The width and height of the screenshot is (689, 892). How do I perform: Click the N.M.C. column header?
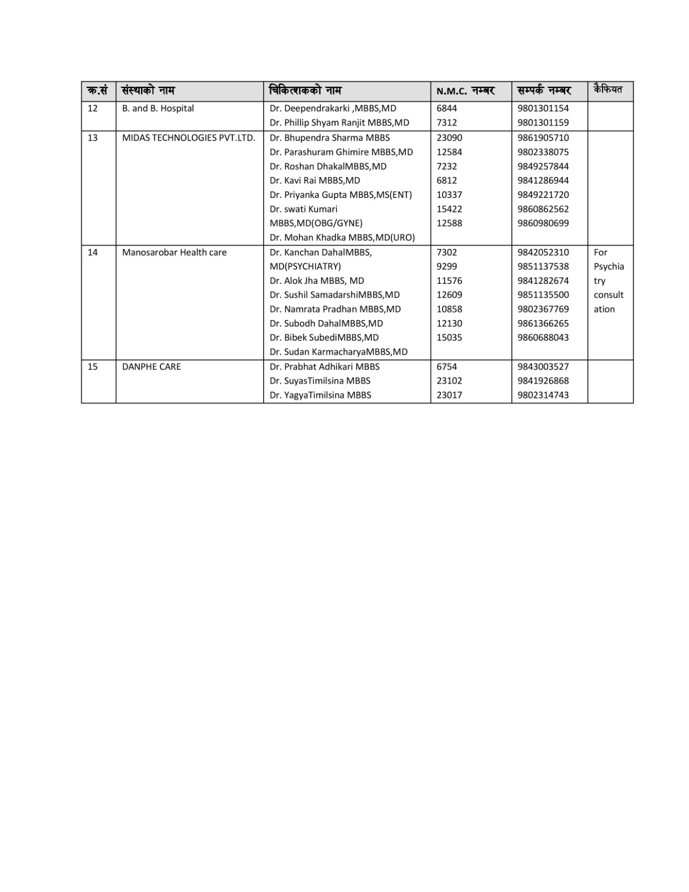(465, 91)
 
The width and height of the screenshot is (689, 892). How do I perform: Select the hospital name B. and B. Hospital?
(158, 108)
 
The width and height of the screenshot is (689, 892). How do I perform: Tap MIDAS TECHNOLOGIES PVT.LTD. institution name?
(188, 138)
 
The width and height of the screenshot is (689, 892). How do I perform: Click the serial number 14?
(93, 253)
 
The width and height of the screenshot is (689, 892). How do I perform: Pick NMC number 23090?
(449, 138)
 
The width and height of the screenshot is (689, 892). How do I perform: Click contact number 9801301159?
(543, 123)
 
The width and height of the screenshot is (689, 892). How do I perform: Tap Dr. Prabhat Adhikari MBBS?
(324, 367)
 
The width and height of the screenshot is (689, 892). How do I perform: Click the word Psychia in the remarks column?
(608, 266)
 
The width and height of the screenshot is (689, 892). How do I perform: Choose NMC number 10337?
(449, 195)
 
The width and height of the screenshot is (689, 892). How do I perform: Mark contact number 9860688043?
(543, 337)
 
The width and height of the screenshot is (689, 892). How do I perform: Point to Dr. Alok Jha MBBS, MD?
(317, 281)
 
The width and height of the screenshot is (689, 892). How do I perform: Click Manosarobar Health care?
(174, 253)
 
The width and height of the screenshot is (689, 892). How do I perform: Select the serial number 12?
(93, 108)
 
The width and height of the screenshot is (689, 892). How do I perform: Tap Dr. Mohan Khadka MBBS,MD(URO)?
(342, 237)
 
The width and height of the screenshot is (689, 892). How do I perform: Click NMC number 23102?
(449, 381)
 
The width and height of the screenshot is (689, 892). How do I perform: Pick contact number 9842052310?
(543, 253)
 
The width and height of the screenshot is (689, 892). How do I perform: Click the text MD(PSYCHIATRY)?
(305, 266)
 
